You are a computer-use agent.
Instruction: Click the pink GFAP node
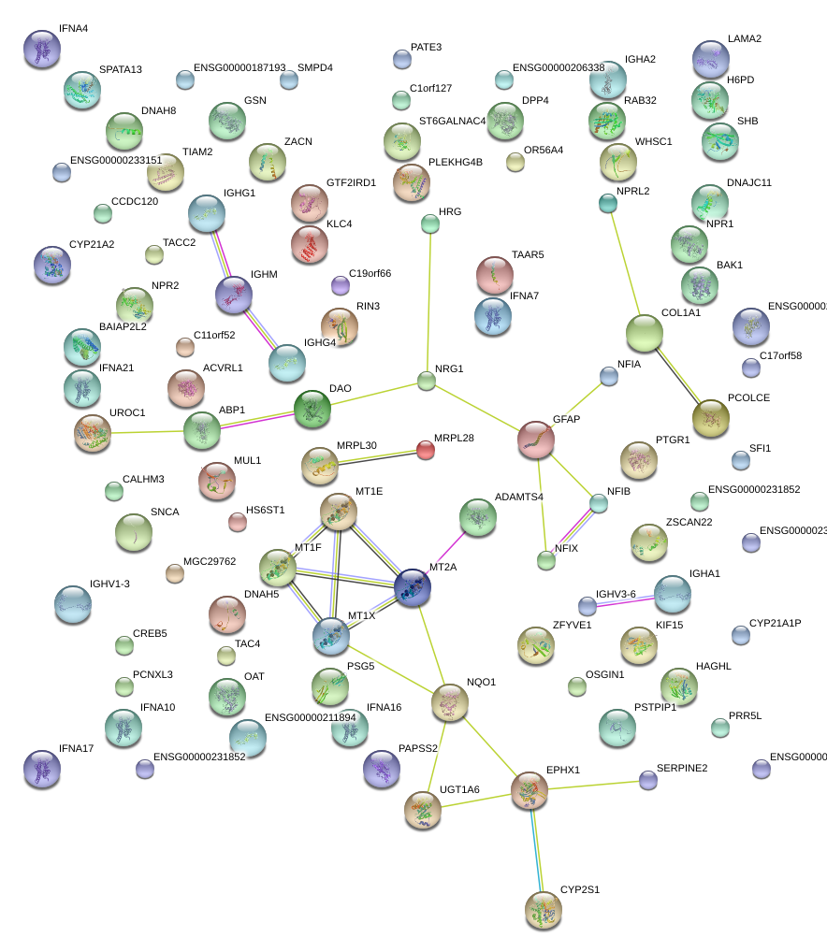536,440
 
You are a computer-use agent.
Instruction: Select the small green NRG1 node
427,381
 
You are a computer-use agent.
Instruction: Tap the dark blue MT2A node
413,588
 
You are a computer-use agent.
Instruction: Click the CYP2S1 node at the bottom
543,910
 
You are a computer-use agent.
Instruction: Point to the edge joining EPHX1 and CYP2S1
536,851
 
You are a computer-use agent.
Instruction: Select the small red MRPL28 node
426,451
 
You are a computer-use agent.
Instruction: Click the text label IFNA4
73,29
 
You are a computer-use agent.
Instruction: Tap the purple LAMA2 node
711,59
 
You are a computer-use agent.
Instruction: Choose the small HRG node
429,224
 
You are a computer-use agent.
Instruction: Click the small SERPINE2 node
647,780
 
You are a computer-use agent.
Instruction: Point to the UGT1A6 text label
459,790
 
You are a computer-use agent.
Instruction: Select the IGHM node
234,295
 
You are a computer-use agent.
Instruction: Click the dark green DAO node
312,409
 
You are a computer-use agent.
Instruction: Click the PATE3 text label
426,47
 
